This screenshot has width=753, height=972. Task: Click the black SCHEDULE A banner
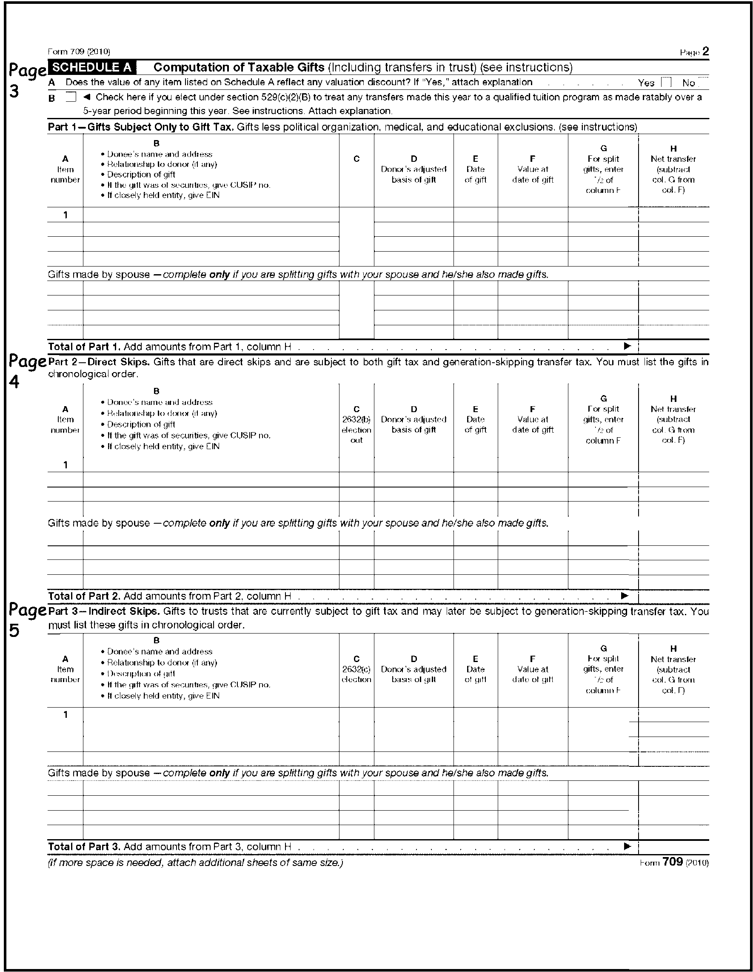point(92,67)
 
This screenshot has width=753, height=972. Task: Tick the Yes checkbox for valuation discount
point(666,82)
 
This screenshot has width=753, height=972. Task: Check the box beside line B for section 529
point(71,97)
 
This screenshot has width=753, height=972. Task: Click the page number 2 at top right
point(706,52)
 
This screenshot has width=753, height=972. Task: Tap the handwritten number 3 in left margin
point(14,91)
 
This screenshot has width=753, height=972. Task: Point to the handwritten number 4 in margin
point(14,382)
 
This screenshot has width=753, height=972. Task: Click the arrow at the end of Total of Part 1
point(627,346)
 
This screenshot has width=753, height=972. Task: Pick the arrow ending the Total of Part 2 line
point(625,596)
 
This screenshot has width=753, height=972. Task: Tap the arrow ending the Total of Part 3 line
point(627,846)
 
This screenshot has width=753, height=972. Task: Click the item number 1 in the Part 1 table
point(66,215)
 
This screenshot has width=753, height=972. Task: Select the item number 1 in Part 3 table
point(66,714)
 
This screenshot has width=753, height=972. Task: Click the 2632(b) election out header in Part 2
point(356,424)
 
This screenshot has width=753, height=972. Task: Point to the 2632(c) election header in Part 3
point(356,669)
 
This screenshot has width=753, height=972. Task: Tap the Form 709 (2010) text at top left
point(79,52)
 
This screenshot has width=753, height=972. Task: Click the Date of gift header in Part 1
point(475,169)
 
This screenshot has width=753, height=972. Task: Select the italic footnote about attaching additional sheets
point(195,863)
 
